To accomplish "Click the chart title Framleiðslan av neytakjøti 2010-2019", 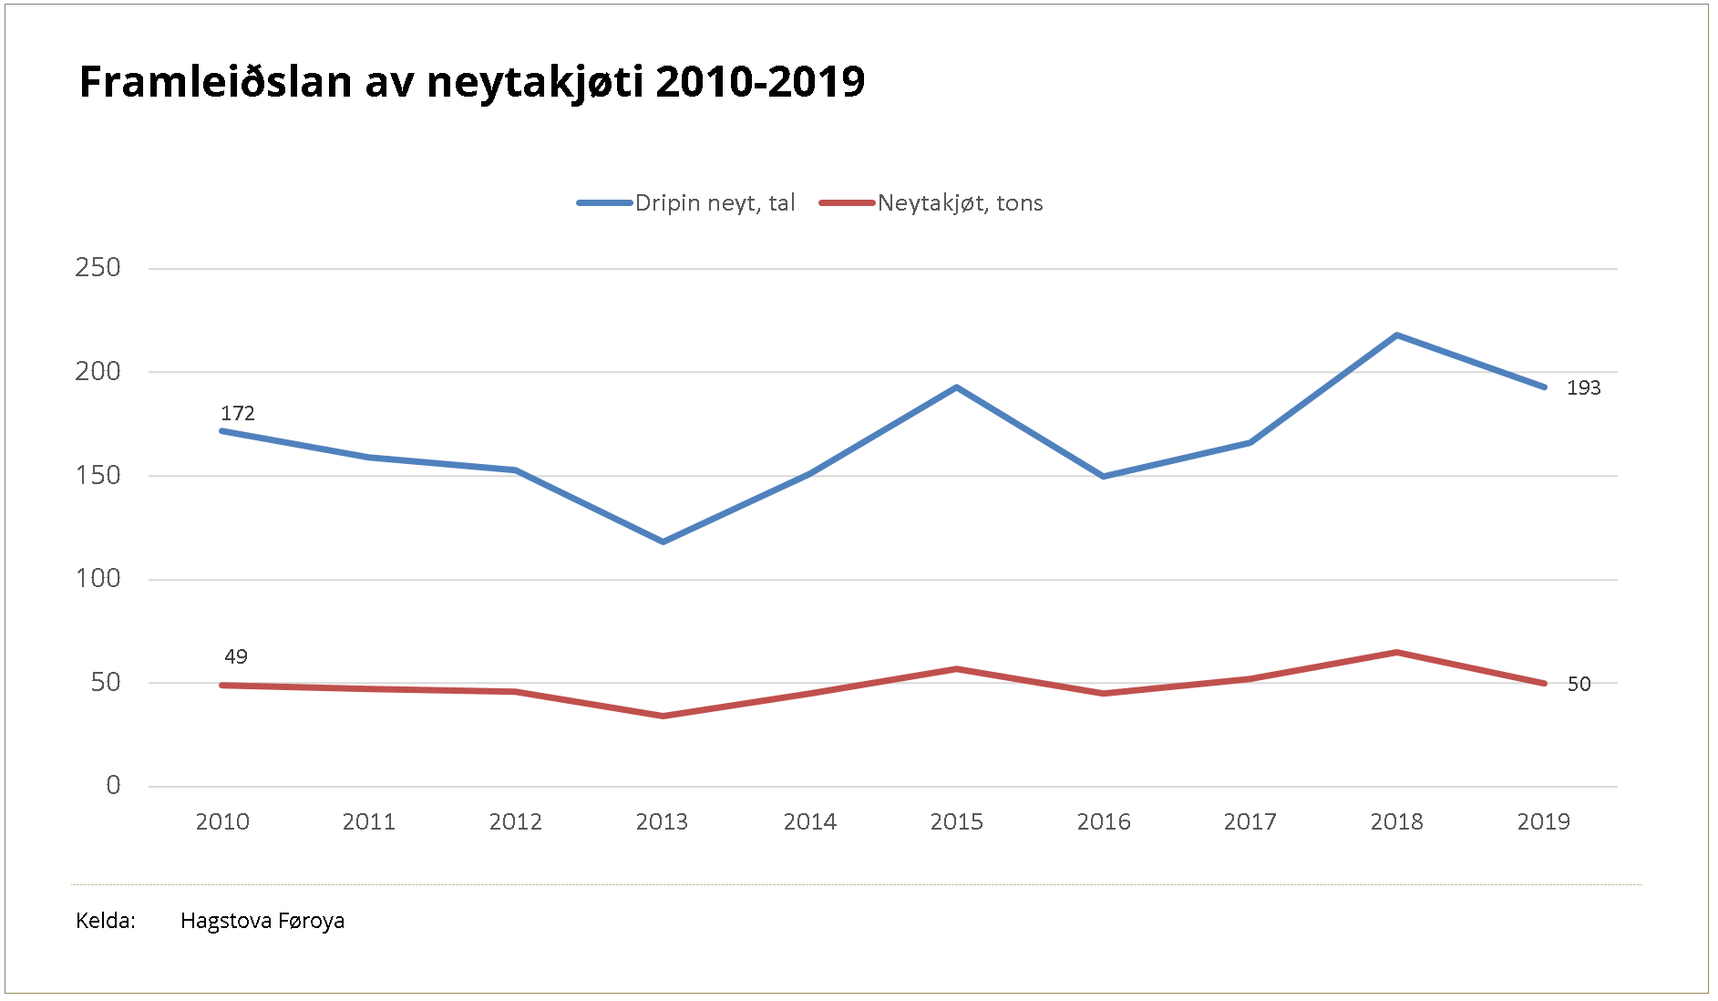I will [x=472, y=82].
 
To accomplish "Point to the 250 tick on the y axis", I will [x=98, y=268].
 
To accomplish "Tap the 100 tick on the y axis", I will [x=98, y=579].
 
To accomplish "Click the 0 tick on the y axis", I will [x=113, y=786].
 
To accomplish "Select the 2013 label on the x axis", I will [x=662, y=822].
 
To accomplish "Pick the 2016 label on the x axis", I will [x=1103, y=822].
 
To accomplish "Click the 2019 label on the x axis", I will [x=1543, y=822].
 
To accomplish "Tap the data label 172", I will [x=238, y=414].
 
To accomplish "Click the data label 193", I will [x=1583, y=388].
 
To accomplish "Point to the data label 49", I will [x=236, y=657].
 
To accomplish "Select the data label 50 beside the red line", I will [x=1579, y=685].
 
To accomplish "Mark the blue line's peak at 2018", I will [x=1396, y=335].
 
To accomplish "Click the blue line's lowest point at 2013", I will [x=663, y=542].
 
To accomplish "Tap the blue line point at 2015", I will [x=956, y=387].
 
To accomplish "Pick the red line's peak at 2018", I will [x=1396, y=652].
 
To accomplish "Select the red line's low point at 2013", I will [x=663, y=716].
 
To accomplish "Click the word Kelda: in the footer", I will [x=106, y=921].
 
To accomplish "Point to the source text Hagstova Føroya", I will [x=262, y=921].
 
